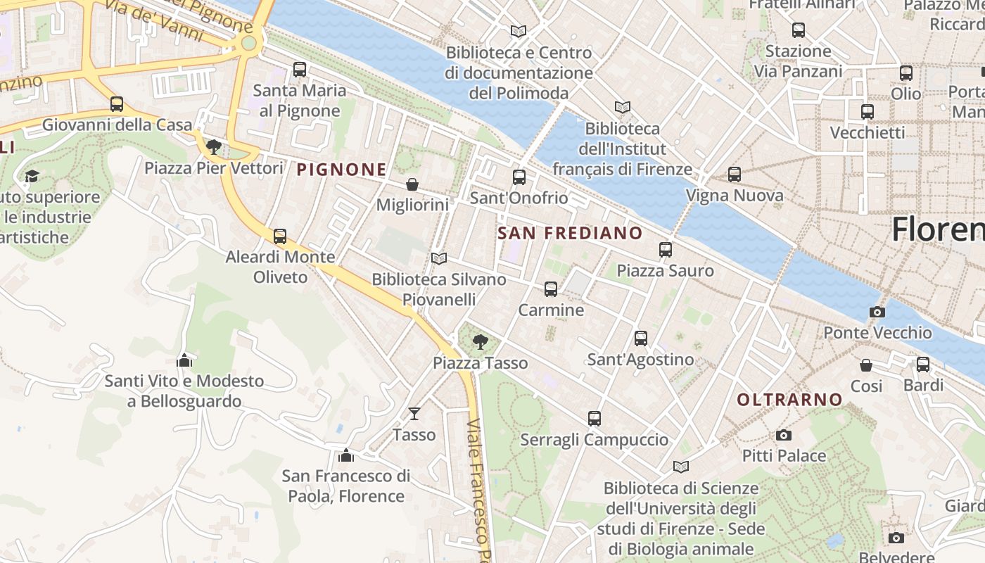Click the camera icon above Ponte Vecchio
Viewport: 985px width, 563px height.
[877, 312]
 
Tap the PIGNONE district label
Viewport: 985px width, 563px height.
[341, 170]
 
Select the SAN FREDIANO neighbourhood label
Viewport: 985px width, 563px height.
[570, 233]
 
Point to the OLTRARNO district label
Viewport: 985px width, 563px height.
[789, 400]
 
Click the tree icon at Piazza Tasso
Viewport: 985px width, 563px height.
[481, 342]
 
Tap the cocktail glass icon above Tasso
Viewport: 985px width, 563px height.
[414, 413]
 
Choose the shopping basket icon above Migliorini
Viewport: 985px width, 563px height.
[412, 184]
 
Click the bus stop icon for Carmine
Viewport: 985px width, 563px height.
[551, 289]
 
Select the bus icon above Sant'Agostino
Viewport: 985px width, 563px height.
[641, 338]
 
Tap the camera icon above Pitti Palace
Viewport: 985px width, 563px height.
[784, 435]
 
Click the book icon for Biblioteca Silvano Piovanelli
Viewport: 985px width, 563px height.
[439, 258]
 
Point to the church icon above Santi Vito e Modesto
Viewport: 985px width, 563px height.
[184, 360]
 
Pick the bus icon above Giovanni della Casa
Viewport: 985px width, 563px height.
[117, 104]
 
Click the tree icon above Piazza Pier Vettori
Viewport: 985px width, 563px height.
[214, 147]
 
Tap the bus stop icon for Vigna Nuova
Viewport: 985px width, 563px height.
[735, 174]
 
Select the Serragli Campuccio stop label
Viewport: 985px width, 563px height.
[594, 440]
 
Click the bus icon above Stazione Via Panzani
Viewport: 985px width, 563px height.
[798, 30]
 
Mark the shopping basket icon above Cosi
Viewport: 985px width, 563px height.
[866, 365]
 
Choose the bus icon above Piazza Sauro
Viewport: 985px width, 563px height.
[666, 249]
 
